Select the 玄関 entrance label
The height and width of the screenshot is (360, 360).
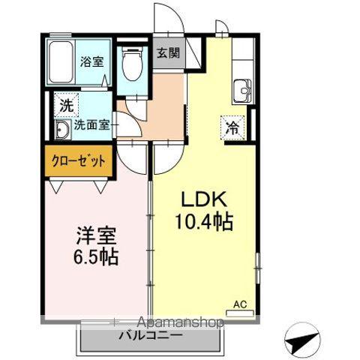click(x=169, y=53)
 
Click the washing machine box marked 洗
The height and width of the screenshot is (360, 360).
click(x=66, y=106)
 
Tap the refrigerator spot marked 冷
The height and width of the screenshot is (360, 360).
click(x=233, y=127)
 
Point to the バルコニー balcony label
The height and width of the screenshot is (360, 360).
click(x=150, y=336)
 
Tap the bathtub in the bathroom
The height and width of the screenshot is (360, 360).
click(x=60, y=63)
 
